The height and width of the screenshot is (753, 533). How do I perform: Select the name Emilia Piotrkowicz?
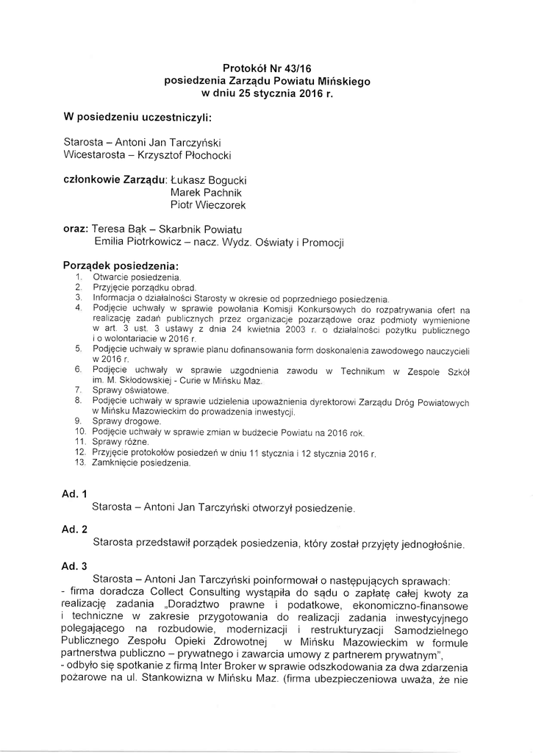(137, 243)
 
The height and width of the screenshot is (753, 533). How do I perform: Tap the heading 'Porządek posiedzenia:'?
(121, 265)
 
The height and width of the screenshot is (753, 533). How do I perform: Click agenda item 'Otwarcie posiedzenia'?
(137, 277)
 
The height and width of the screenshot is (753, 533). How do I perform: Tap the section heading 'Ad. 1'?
(74, 493)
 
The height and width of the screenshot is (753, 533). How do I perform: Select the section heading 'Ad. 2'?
(74, 529)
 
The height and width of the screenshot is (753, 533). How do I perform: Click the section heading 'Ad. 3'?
(74, 565)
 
